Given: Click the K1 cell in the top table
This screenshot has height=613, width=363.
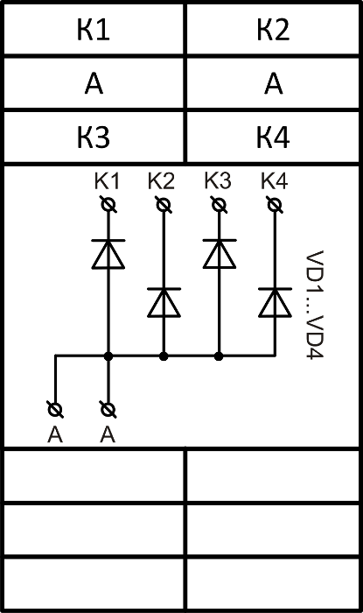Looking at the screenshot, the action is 94,29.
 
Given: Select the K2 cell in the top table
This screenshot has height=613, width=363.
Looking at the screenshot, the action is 273,29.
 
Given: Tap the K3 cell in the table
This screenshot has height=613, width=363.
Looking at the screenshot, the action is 94,137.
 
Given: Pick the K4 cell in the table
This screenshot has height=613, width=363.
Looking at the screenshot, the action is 273,137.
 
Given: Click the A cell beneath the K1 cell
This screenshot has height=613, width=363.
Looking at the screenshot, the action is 94,83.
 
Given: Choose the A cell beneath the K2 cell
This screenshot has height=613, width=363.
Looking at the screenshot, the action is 273,83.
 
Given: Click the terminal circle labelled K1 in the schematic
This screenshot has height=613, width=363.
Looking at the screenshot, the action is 108,205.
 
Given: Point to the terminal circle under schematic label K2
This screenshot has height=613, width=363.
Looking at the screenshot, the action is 164,205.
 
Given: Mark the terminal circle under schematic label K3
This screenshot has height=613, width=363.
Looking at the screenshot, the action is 219,205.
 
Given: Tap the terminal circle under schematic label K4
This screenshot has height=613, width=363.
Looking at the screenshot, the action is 275,205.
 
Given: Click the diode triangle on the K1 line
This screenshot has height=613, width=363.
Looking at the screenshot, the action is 108,255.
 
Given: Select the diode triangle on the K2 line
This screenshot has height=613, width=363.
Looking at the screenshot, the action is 164,303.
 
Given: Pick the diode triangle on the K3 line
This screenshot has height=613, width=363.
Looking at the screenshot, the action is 220,255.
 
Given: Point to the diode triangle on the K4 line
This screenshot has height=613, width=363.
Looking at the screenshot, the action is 275,303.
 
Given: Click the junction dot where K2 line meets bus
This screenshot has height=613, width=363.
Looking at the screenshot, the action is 164,356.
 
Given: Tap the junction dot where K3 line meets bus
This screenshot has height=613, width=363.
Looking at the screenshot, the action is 219,356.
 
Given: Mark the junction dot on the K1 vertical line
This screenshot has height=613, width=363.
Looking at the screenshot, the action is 108,356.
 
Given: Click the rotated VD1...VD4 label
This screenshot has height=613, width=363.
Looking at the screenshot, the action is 315,305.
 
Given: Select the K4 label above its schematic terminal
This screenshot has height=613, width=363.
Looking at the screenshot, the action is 275,181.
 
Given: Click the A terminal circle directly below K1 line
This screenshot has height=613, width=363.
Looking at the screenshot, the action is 108,410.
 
